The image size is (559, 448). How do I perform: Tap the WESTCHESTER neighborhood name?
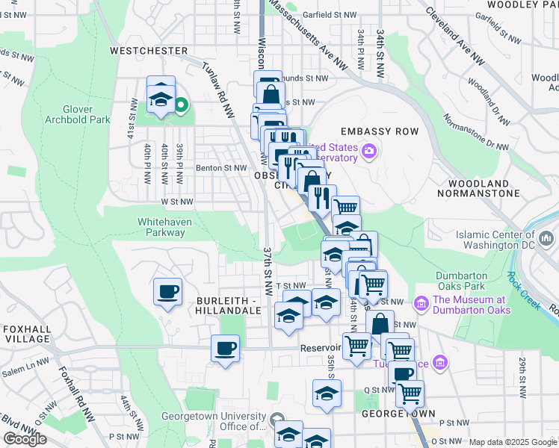[149, 51]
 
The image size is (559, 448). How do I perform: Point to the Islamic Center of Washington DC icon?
[546, 240]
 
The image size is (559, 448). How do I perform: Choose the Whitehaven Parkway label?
[161, 227]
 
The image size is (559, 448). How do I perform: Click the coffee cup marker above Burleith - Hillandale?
[167, 291]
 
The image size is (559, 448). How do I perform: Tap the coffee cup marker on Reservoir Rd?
[225, 348]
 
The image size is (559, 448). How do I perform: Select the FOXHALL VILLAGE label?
[26, 333]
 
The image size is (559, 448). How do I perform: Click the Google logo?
[25, 439]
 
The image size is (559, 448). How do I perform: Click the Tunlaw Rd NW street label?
[218, 90]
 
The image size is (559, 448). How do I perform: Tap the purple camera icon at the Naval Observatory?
[368, 153]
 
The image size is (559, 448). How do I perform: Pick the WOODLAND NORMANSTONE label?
[484, 188]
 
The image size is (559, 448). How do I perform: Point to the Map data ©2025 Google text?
[513, 442]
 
